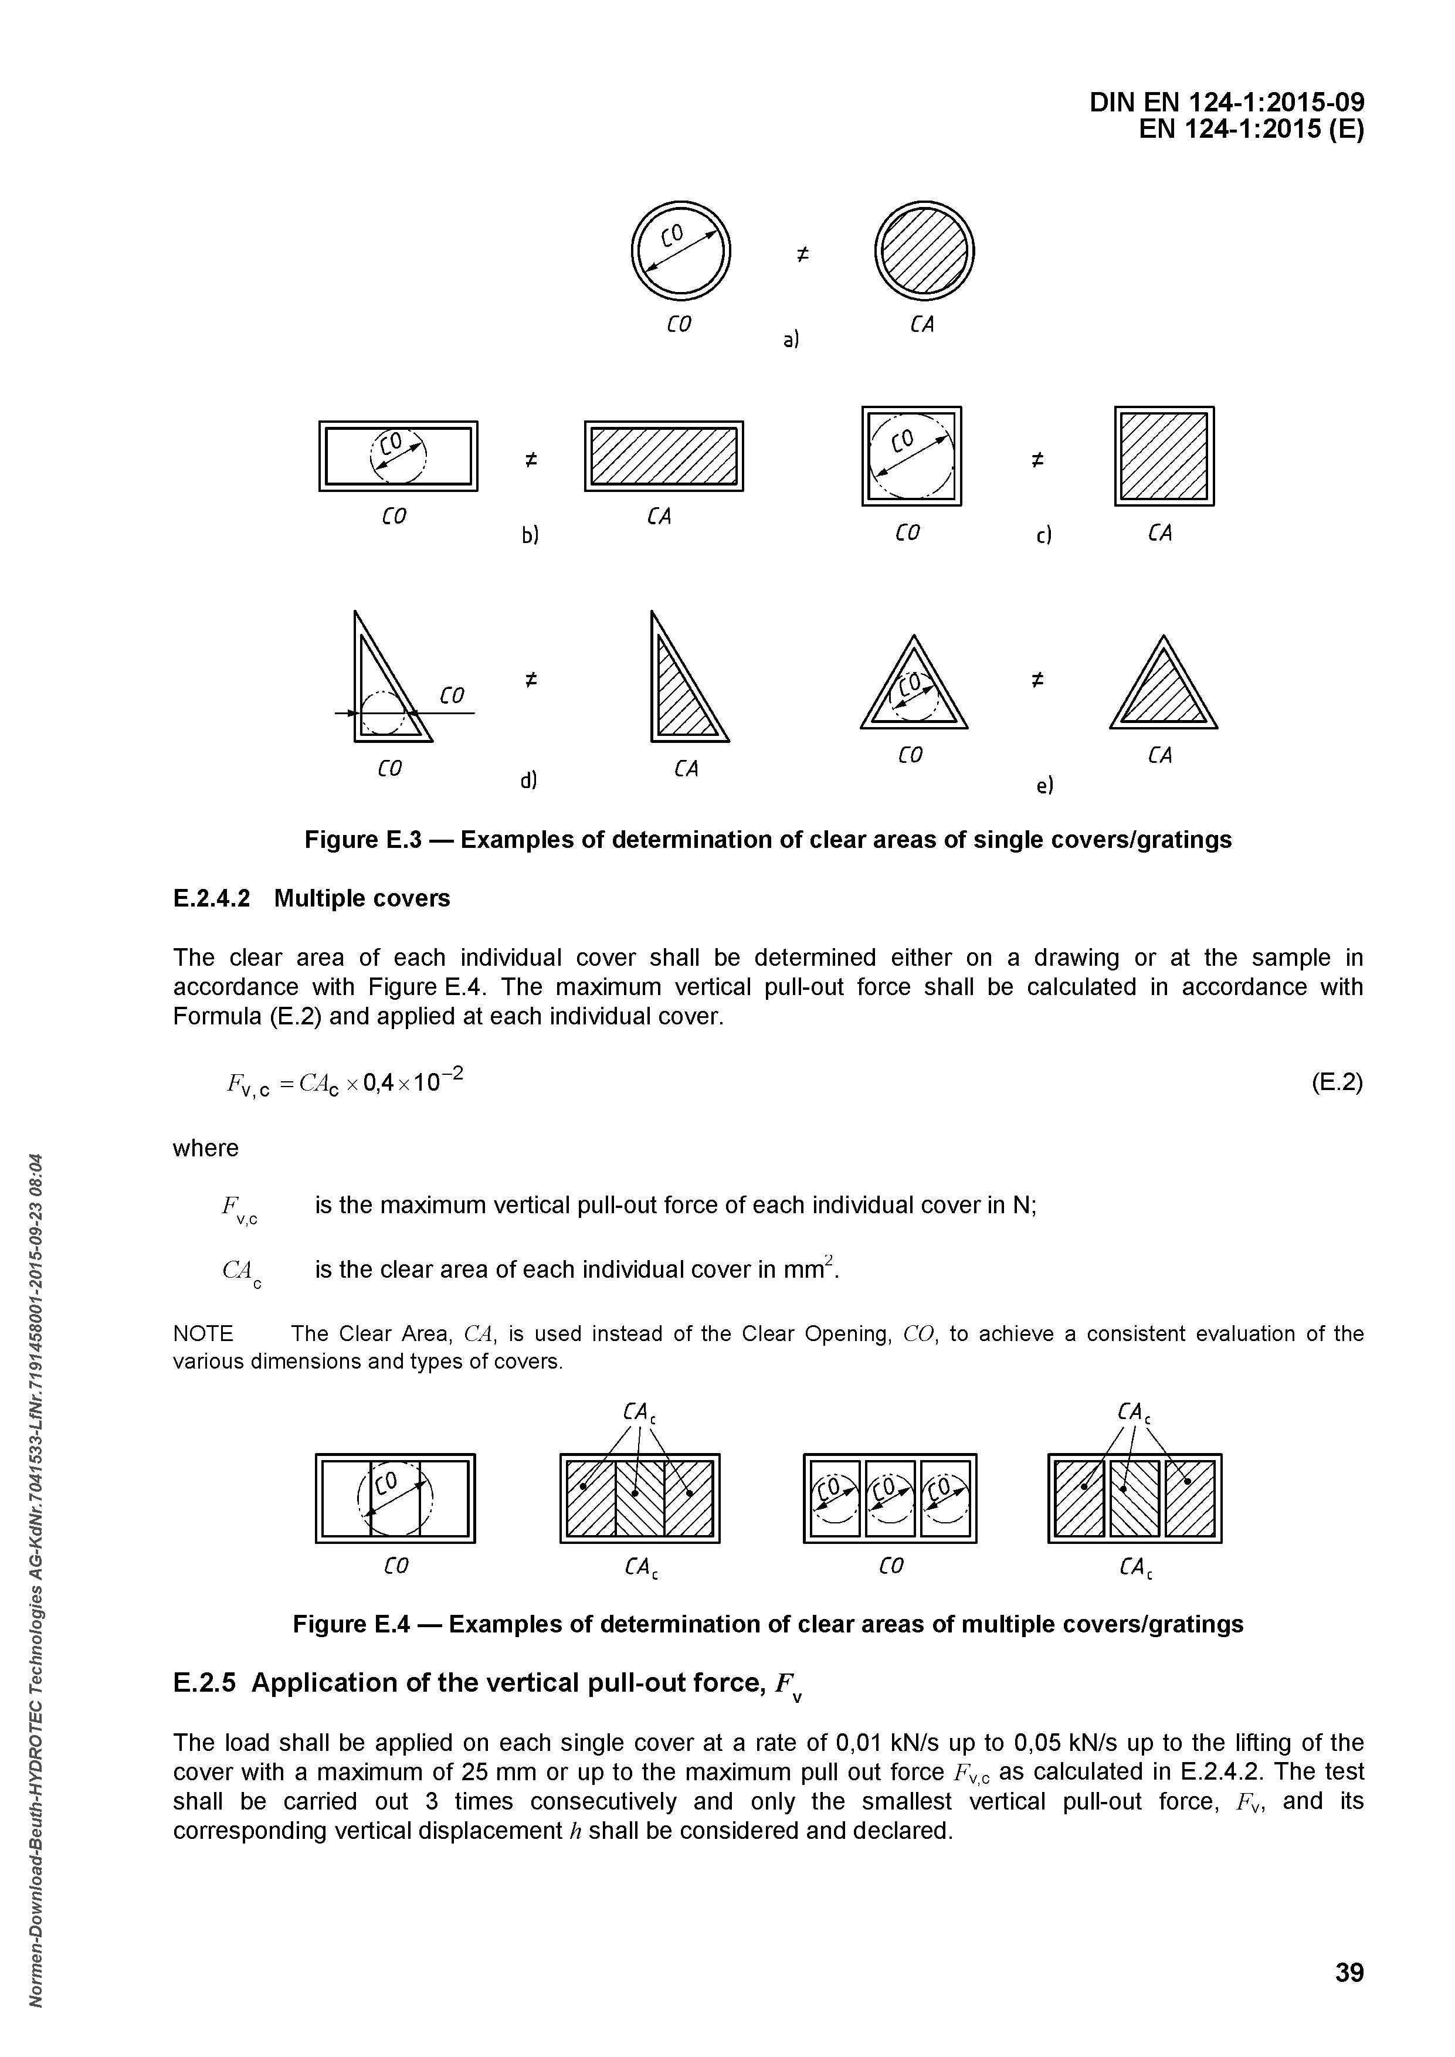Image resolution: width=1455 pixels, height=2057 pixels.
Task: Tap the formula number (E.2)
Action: (1337, 1082)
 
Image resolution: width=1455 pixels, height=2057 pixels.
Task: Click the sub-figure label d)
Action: (528, 780)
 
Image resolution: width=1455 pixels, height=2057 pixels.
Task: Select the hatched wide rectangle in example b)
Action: (663, 456)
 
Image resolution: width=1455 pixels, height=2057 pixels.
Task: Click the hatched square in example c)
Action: (1164, 456)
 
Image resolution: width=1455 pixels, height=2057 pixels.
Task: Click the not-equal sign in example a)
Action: (802, 255)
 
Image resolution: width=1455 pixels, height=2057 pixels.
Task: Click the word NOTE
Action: (204, 1334)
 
